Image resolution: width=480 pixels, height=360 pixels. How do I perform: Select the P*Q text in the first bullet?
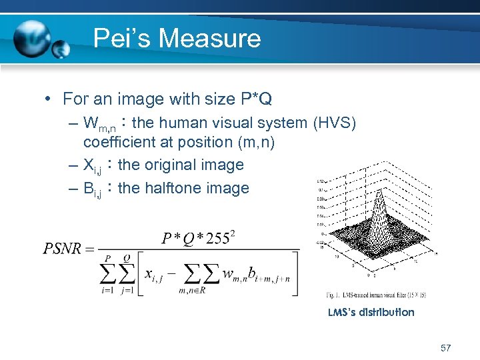[x=255, y=99]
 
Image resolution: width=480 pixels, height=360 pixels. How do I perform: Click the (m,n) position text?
[x=254, y=142]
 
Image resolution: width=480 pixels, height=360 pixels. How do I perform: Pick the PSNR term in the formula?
[x=64, y=249]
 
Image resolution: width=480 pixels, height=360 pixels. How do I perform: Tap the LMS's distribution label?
[x=371, y=312]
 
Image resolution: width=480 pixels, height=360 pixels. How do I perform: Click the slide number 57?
[x=446, y=348]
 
